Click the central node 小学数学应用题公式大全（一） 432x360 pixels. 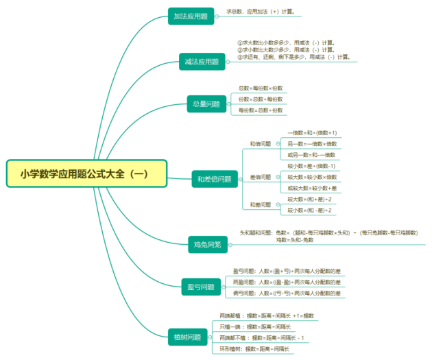pos(86,174)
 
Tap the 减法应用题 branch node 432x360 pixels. pos(201,62)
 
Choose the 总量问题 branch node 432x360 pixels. pos(206,104)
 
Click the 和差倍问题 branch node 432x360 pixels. pos(213,180)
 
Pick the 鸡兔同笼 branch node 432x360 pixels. pos(206,243)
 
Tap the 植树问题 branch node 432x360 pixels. pos(187,337)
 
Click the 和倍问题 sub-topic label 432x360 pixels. pos(260,144)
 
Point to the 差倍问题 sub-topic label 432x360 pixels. pos(260,176)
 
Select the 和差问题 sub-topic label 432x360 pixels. pos(260,204)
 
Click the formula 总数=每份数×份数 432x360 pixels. pos(260,88)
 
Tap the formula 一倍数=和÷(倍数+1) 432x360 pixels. pos(312,132)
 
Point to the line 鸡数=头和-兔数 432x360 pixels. pos(295,240)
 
